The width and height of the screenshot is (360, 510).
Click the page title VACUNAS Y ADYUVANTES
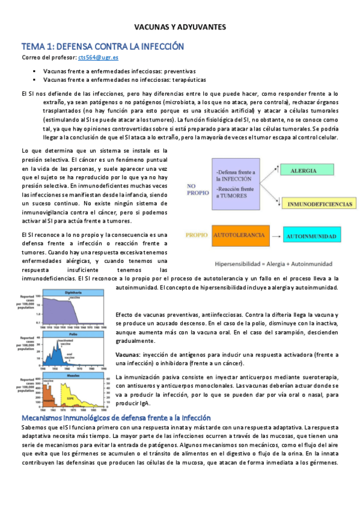coord(179,27)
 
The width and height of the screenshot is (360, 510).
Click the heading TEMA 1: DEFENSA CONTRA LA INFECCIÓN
coord(102,46)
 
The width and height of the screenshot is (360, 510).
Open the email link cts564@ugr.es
coord(98,58)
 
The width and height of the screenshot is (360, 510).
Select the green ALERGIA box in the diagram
coord(304,171)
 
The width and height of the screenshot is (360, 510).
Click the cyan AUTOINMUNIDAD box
coord(310,236)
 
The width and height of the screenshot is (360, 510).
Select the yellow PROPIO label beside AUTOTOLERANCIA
coord(197,236)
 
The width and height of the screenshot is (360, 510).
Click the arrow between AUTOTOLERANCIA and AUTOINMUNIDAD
coord(273,236)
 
